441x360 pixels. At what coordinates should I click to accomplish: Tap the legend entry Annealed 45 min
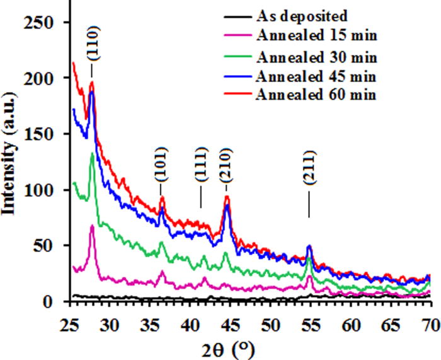click(x=316, y=77)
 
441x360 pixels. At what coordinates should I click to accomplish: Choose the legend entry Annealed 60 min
click(x=316, y=95)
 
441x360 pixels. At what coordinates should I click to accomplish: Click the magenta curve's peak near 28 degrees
click(x=93, y=225)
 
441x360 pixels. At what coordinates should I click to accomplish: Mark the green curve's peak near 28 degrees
click(x=93, y=153)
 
